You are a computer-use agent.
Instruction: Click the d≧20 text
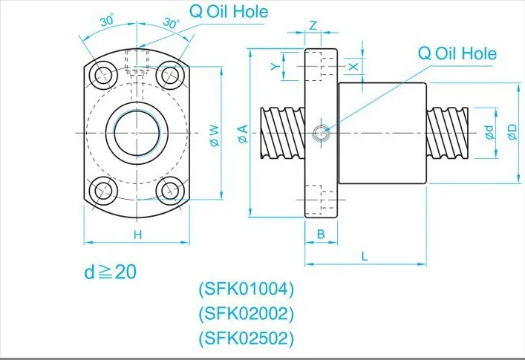[x=110, y=272]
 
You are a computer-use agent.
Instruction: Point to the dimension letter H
[x=137, y=235]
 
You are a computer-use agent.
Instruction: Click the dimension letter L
[x=365, y=255]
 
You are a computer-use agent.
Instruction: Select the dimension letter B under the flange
[x=321, y=234]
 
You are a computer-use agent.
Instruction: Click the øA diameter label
[x=242, y=134]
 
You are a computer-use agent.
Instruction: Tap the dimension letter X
[x=354, y=66]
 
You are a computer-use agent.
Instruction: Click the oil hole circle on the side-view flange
[x=320, y=133]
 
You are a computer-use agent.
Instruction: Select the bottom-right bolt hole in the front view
[x=172, y=191]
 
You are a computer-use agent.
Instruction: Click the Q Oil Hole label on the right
[x=457, y=53]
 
